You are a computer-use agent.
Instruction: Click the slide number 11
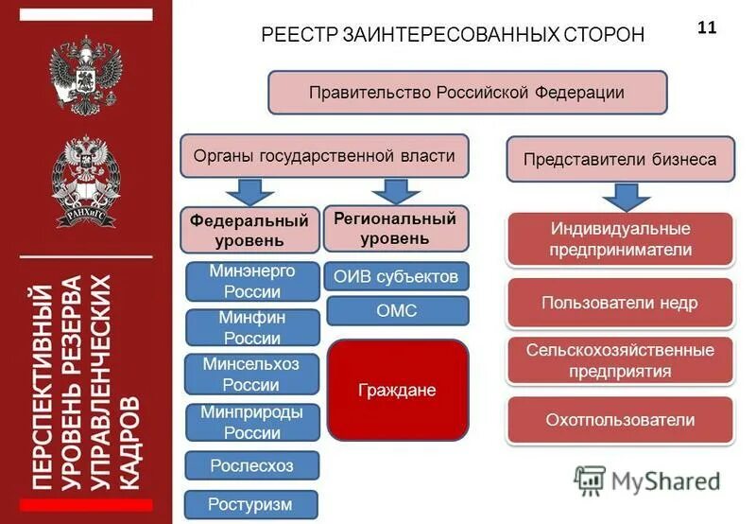pyautogui.click(x=707, y=27)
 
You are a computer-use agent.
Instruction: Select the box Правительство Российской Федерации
pyautogui.click(x=467, y=93)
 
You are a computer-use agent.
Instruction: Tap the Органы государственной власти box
pyautogui.click(x=323, y=156)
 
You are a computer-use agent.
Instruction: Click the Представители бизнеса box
pyautogui.click(x=620, y=159)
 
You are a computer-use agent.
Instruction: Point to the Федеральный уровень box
pyautogui.click(x=249, y=229)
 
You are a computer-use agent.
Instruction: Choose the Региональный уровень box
pyautogui.click(x=396, y=228)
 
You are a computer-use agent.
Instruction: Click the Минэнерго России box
pyautogui.click(x=252, y=280)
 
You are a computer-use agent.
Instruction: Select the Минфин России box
pyautogui.click(x=252, y=327)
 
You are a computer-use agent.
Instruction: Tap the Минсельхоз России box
pyautogui.click(x=252, y=375)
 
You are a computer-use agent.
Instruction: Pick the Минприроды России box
pyautogui.click(x=252, y=422)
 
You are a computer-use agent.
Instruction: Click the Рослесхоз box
pyautogui.click(x=252, y=465)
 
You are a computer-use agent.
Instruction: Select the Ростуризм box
pyautogui.click(x=251, y=504)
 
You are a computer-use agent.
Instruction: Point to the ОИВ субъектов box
pyautogui.click(x=397, y=276)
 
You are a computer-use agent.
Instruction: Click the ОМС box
pyautogui.click(x=397, y=310)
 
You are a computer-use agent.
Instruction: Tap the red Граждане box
pyautogui.click(x=398, y=390)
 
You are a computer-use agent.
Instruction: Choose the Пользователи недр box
pyautogui.click(x=620, y=303)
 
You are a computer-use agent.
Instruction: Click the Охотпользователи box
pyautogui.click(x=620, y=420)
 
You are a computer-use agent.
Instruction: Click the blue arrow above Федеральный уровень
pyautogui.click(x=249, y=191)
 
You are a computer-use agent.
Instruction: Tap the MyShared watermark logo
pyautogui.click(x=647, y=480)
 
